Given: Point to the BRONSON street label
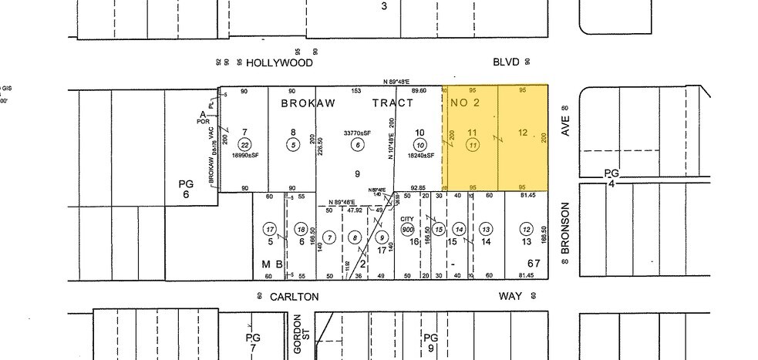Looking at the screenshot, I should point(564,227).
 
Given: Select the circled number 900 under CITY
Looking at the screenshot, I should point(407,229).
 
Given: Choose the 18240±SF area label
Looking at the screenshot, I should point(419,155).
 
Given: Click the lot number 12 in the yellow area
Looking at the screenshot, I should point(523,133).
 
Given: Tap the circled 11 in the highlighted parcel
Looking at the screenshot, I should point(473,144).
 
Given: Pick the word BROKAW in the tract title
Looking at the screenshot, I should point(306,103).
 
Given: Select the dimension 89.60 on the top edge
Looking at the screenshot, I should point(419,92).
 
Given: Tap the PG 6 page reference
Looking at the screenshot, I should point(186,189).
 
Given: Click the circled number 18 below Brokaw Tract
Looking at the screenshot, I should point(301,228).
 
